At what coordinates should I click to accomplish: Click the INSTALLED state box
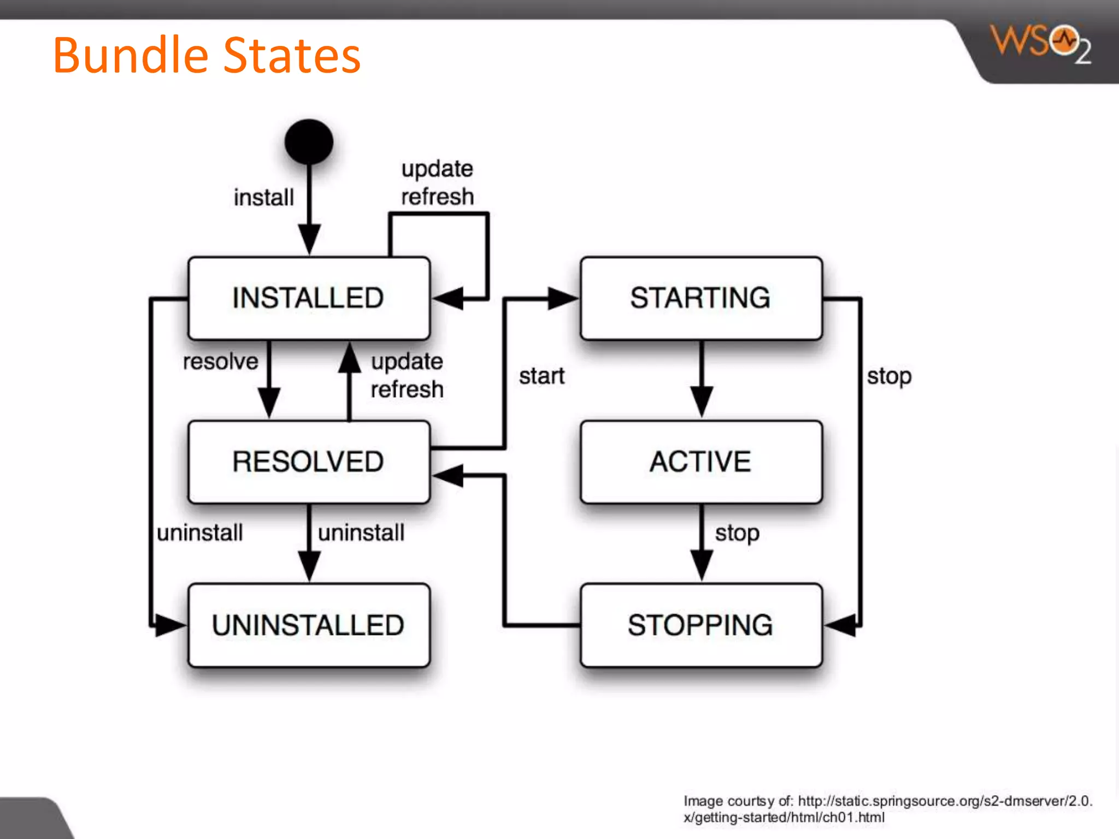pyautogui.click(x=309, y=298)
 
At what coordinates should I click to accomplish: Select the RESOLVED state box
pyautogui.click(x=309, y=462)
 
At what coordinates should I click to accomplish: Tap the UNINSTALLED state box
pyautogui.click(x=309, y=625)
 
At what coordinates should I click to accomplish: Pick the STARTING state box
pyautogui.click(x=701, y=298)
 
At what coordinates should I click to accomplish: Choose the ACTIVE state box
pyautogui.click(x=701, y=462)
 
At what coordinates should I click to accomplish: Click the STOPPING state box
pyautogui.click(x=701, y=625)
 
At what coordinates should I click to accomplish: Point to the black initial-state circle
pyautogui.click(x=309, y=142)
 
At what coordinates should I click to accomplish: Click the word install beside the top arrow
pyautogui.click(x=264, y=198)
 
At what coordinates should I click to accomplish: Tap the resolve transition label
pyautogui.click(x=220, y=362)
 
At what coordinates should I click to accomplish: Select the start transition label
pyautogui.click(x=541, y=376)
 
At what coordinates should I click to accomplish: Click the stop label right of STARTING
pyautogui.click(x=889, y=376)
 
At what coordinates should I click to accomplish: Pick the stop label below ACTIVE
pyautogui.click(x=737, y=533)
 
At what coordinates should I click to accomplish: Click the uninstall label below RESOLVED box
pyautogui.click(x=361, y=533)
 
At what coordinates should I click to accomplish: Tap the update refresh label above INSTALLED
pyautogui.click(x=437, y=183)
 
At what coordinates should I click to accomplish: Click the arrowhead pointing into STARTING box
pyautogui.click(x=563, y=298)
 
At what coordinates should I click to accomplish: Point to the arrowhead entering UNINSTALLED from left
pyautogui.click(x=169, y=625)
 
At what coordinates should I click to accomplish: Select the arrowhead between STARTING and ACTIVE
pyautogui.click(x=702, y=401)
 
